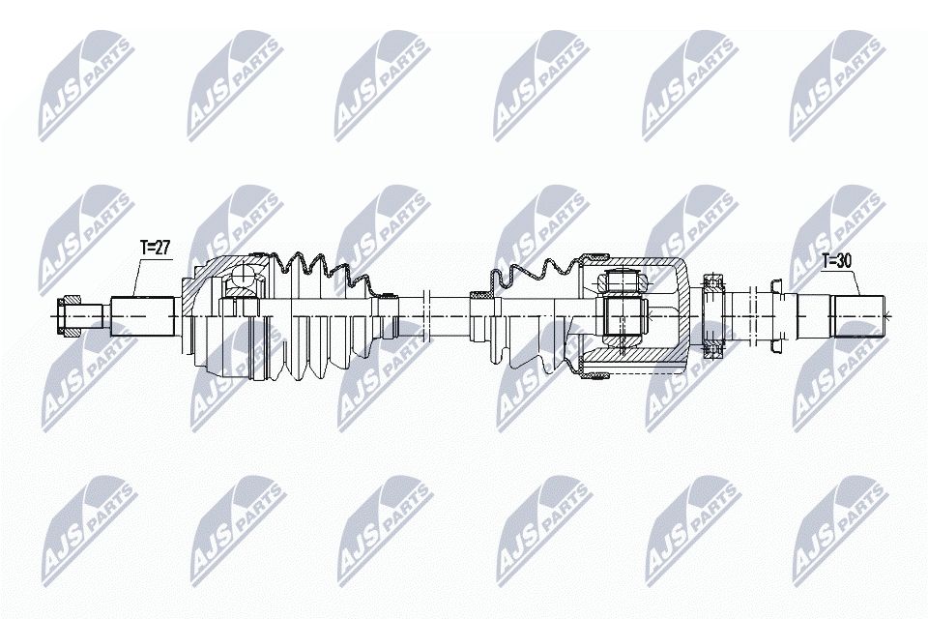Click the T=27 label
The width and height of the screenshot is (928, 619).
[x=155, y=247]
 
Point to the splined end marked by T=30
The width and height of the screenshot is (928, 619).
[x=858, y=316]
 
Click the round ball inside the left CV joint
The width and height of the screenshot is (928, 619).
[x=243, y=276]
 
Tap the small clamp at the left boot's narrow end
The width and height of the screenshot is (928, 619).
[x=388, y=295]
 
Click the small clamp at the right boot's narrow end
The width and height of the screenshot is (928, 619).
[x=480, y=294]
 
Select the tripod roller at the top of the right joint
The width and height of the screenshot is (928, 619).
[x=620, y=280]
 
